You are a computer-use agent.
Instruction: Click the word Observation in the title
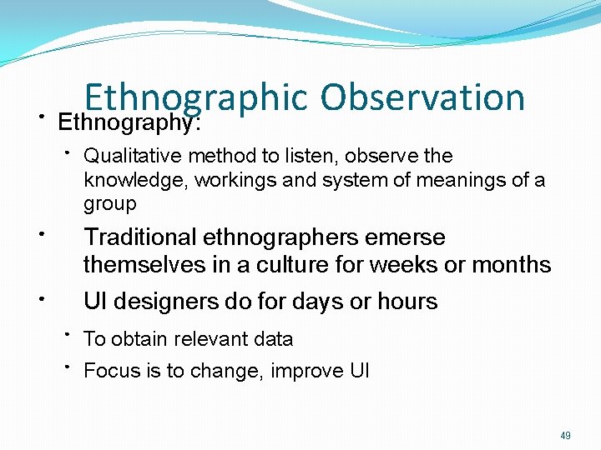click(422, 98)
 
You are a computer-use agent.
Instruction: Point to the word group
click(109, 204)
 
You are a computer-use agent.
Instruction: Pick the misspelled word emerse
click(407, 237)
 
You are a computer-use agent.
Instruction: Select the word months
click(512, 265)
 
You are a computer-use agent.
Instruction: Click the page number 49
click(565, 436)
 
